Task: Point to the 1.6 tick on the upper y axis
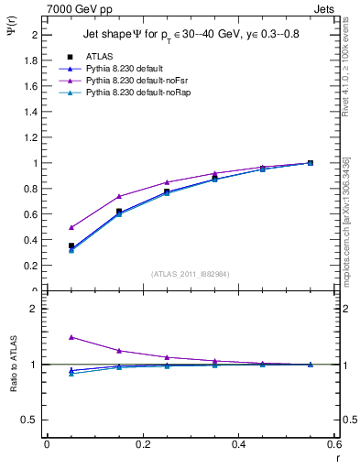34,86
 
